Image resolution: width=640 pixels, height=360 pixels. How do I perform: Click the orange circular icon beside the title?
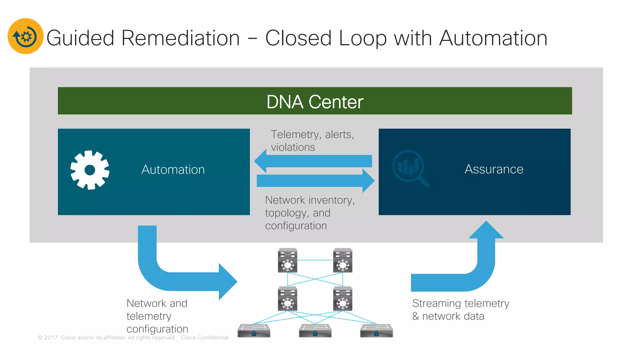[25, 36]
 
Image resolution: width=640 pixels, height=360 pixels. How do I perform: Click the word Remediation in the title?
[180, 38]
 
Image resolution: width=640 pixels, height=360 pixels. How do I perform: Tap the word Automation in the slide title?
[493, 38]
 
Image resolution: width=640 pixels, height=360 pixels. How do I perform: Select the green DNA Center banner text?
[315, 102]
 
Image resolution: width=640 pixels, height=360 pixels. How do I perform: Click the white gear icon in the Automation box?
[90, 170]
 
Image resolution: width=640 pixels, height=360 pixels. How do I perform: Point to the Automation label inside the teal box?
[173, 169]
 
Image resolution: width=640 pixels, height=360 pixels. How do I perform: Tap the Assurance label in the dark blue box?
[494, 169]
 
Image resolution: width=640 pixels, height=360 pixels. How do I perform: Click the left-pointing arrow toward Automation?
[312, 161]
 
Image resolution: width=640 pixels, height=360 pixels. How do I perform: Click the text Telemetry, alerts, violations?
[312, 141]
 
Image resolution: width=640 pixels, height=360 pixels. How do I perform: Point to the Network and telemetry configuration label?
[157, 316]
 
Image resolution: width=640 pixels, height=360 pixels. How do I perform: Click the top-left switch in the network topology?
[287, 260]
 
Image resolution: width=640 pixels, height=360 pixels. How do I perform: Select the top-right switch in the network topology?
[342, 260]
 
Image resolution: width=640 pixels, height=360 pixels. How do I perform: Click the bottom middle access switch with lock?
[315, 331]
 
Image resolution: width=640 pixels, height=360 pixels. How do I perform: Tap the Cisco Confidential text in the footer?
[205, 337]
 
